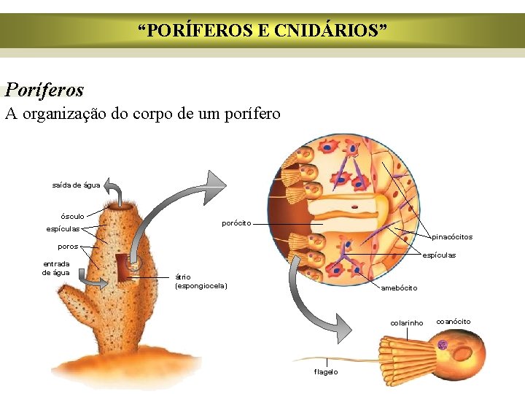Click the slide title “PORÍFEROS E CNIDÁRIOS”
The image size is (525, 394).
click(262, 31)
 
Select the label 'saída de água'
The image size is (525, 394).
click(76, 185)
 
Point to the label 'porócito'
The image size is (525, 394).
click(236, 223)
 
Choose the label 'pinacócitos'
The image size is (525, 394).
click(452, 236)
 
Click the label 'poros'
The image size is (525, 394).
click(68, 247)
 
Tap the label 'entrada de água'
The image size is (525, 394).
click(56, 268)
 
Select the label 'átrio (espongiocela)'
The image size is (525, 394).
click(201, 281)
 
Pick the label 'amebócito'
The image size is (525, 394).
click(399, 287)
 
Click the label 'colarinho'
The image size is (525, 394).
click(406, 322)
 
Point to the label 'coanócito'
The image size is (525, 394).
click(453, 322)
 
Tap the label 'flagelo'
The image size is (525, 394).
click(326, 372)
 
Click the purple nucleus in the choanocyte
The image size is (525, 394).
click(442, 344)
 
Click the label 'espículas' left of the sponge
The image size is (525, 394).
click(63, 229)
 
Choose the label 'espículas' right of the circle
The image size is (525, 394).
click(440, 255)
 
